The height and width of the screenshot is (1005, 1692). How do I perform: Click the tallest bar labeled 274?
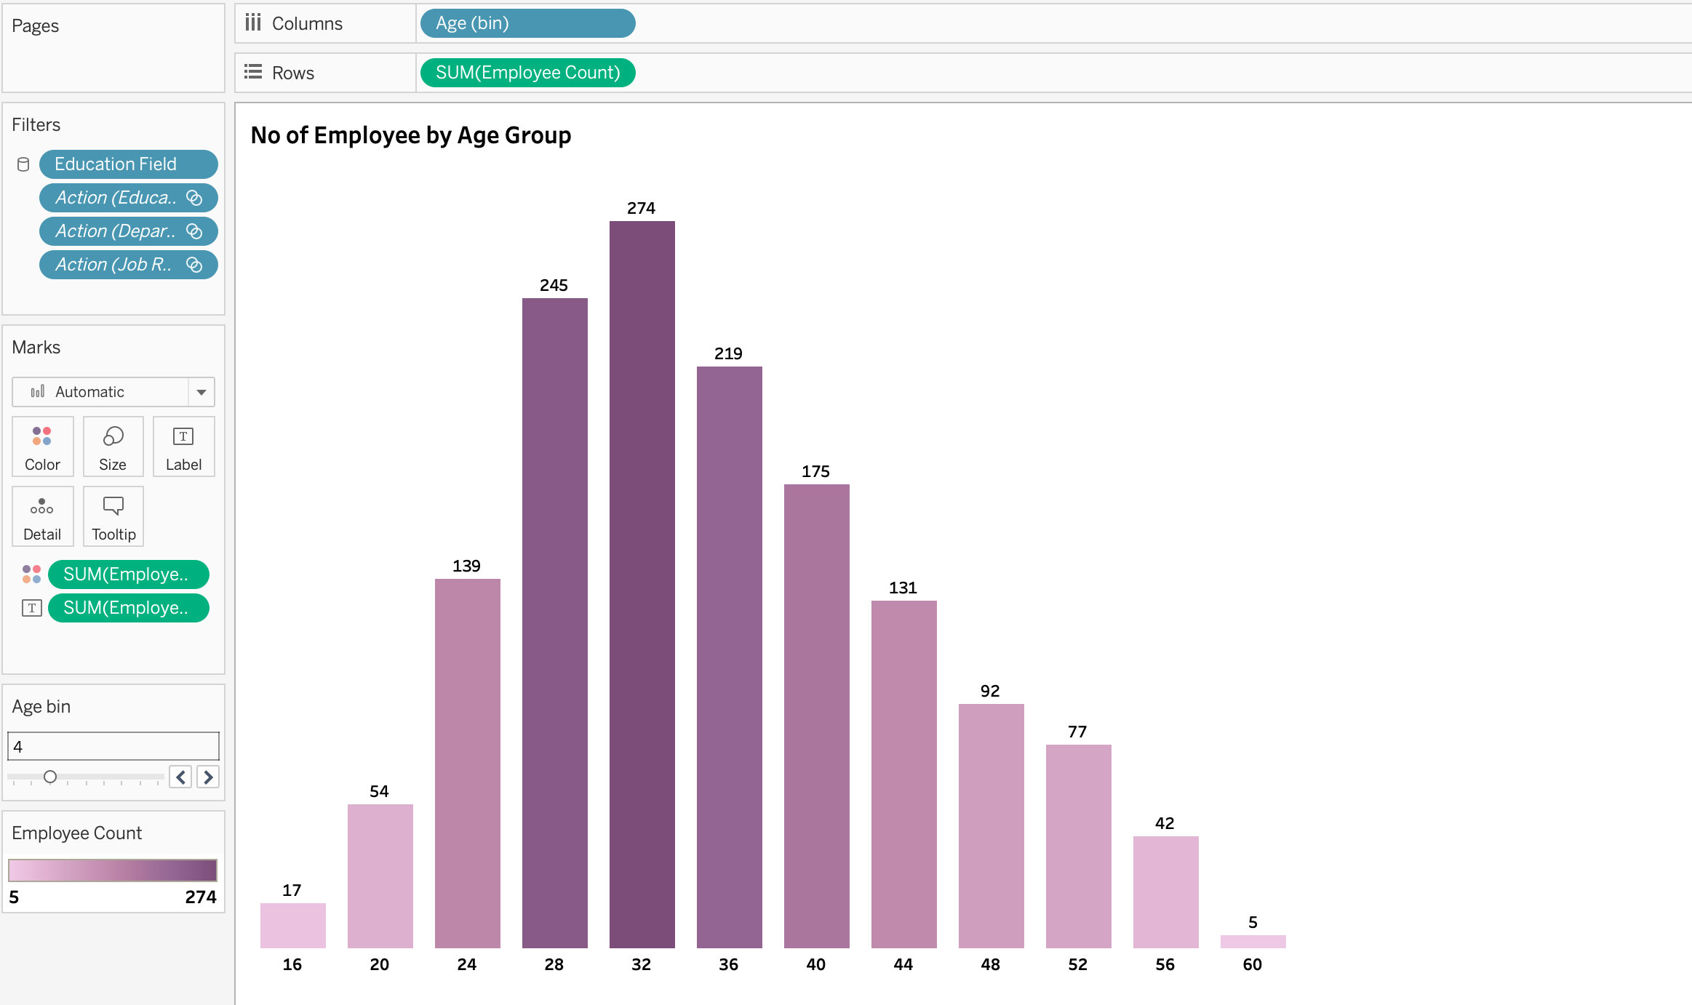pyautogui.click(x=642, y=582)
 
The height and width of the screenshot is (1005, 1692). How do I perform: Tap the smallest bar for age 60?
pyautogui.click(x=1253, y=941)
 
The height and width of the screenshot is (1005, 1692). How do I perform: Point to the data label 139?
pyautogui.click(x=466, y=566)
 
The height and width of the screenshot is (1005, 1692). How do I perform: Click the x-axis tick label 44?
pyautogui.click(x=903, y=964)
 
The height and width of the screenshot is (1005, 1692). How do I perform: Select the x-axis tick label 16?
pyautogui.click(x=292, y=964)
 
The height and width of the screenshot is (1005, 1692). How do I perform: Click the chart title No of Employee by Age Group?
pyautogui.click(x=410, y=135)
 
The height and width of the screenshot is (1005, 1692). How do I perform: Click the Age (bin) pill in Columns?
pyautogui.click(x=527, y=23)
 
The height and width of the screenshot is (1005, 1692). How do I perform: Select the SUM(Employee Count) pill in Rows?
pyautogui.click(x=527, y=73)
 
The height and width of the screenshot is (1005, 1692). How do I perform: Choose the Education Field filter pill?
pyautogui.click(x=128, y=164)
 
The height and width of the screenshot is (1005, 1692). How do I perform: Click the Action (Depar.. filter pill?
pyautogui.click(x=128, y=231)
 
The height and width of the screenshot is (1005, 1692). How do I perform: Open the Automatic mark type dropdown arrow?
pyautogui.click(x=201, y=392)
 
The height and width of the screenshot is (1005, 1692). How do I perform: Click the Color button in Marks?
pyautogui.click(x=42, y=447)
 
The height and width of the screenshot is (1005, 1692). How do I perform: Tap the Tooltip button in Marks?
pyautogui.click(x=113, y=516)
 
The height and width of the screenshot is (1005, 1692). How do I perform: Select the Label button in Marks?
pyautogui.click(x=183, y=447)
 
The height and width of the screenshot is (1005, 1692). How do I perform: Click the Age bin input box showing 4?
pyautogui.click(x=113, y=746)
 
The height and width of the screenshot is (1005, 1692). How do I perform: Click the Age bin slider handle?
pyautogui.click(x=50, y=777)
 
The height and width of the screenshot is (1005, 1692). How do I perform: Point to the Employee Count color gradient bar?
pyautogui.click(x=113, y=870)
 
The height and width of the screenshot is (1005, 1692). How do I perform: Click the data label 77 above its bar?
pyautogui.click(x=1077, y=732)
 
